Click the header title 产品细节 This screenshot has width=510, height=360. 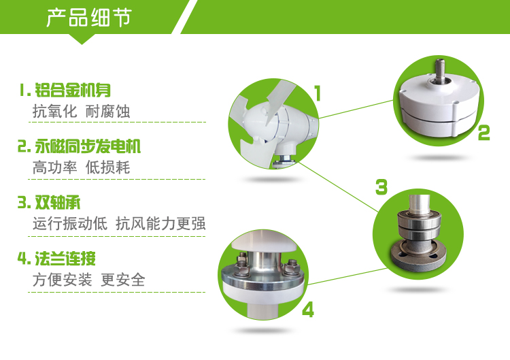point(89,17)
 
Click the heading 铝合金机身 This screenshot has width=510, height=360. point(73,90)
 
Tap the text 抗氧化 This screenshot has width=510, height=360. point(54,112)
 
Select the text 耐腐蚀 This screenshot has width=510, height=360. point(107,112)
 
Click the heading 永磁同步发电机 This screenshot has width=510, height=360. point(88,146)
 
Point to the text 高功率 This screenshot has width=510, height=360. point(54,167)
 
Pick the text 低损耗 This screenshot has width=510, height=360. point(107,167)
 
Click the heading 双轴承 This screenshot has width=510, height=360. point(58,203)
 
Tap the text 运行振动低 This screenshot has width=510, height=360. point(70,224)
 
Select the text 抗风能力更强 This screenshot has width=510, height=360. point(160,224)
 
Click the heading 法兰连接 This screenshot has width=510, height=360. point(65,259)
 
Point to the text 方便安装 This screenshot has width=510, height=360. point(63,280)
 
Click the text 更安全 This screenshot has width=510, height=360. point(123,280)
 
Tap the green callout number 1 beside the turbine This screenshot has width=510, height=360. point(318,93)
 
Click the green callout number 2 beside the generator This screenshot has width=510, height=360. point(483,133)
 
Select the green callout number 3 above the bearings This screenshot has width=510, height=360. point(381,187)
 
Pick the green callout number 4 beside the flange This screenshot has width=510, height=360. point(308,310)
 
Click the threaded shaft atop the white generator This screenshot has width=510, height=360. point(440,70)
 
